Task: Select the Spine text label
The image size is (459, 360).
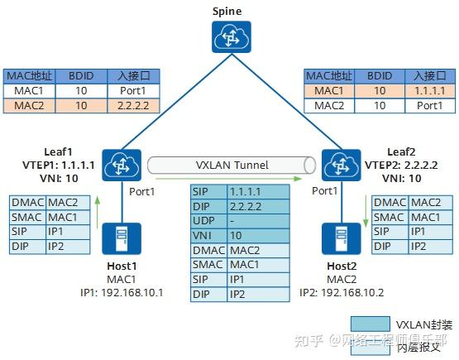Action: click(x=227, y=10)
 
